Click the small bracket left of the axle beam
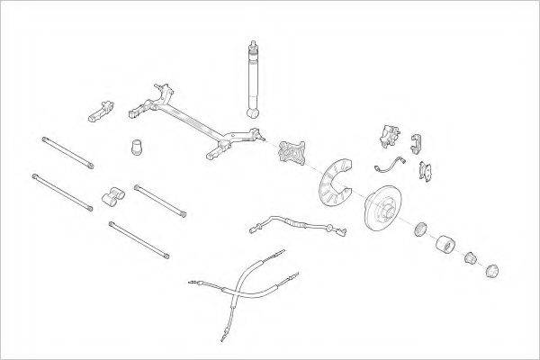pos(100,110)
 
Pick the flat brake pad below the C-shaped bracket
pos(428,168)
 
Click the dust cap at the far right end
pos(492,271)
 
